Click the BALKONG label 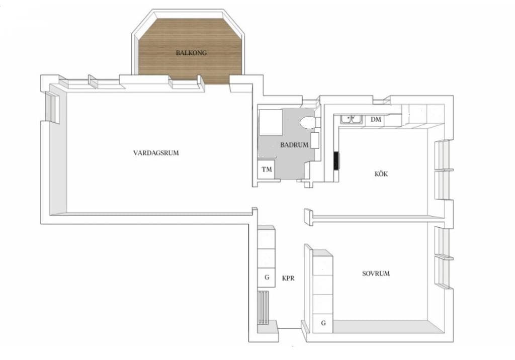[191, 53]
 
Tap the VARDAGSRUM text [156, 153]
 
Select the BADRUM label [294, 144]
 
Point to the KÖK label [381, 173]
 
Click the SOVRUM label [376, 274]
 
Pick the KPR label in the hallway [288, 278]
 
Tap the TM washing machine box [267, 169]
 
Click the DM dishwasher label [376, 119]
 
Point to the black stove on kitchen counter [336, 160]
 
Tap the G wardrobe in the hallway [267, 278]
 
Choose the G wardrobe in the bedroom [323, 323]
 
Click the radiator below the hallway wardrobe [264, 307]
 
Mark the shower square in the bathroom [271, 122]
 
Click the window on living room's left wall [52, 108]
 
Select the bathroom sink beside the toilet [315, 140]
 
